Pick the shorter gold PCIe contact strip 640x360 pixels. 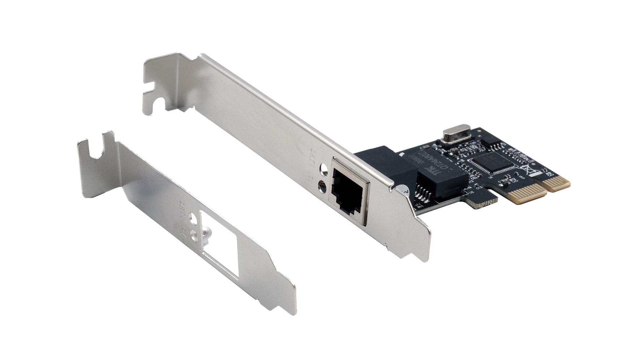[x=556, y=183]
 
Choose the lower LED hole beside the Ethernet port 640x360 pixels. [x=321, y=187]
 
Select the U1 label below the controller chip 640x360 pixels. [x=490, y=178]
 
